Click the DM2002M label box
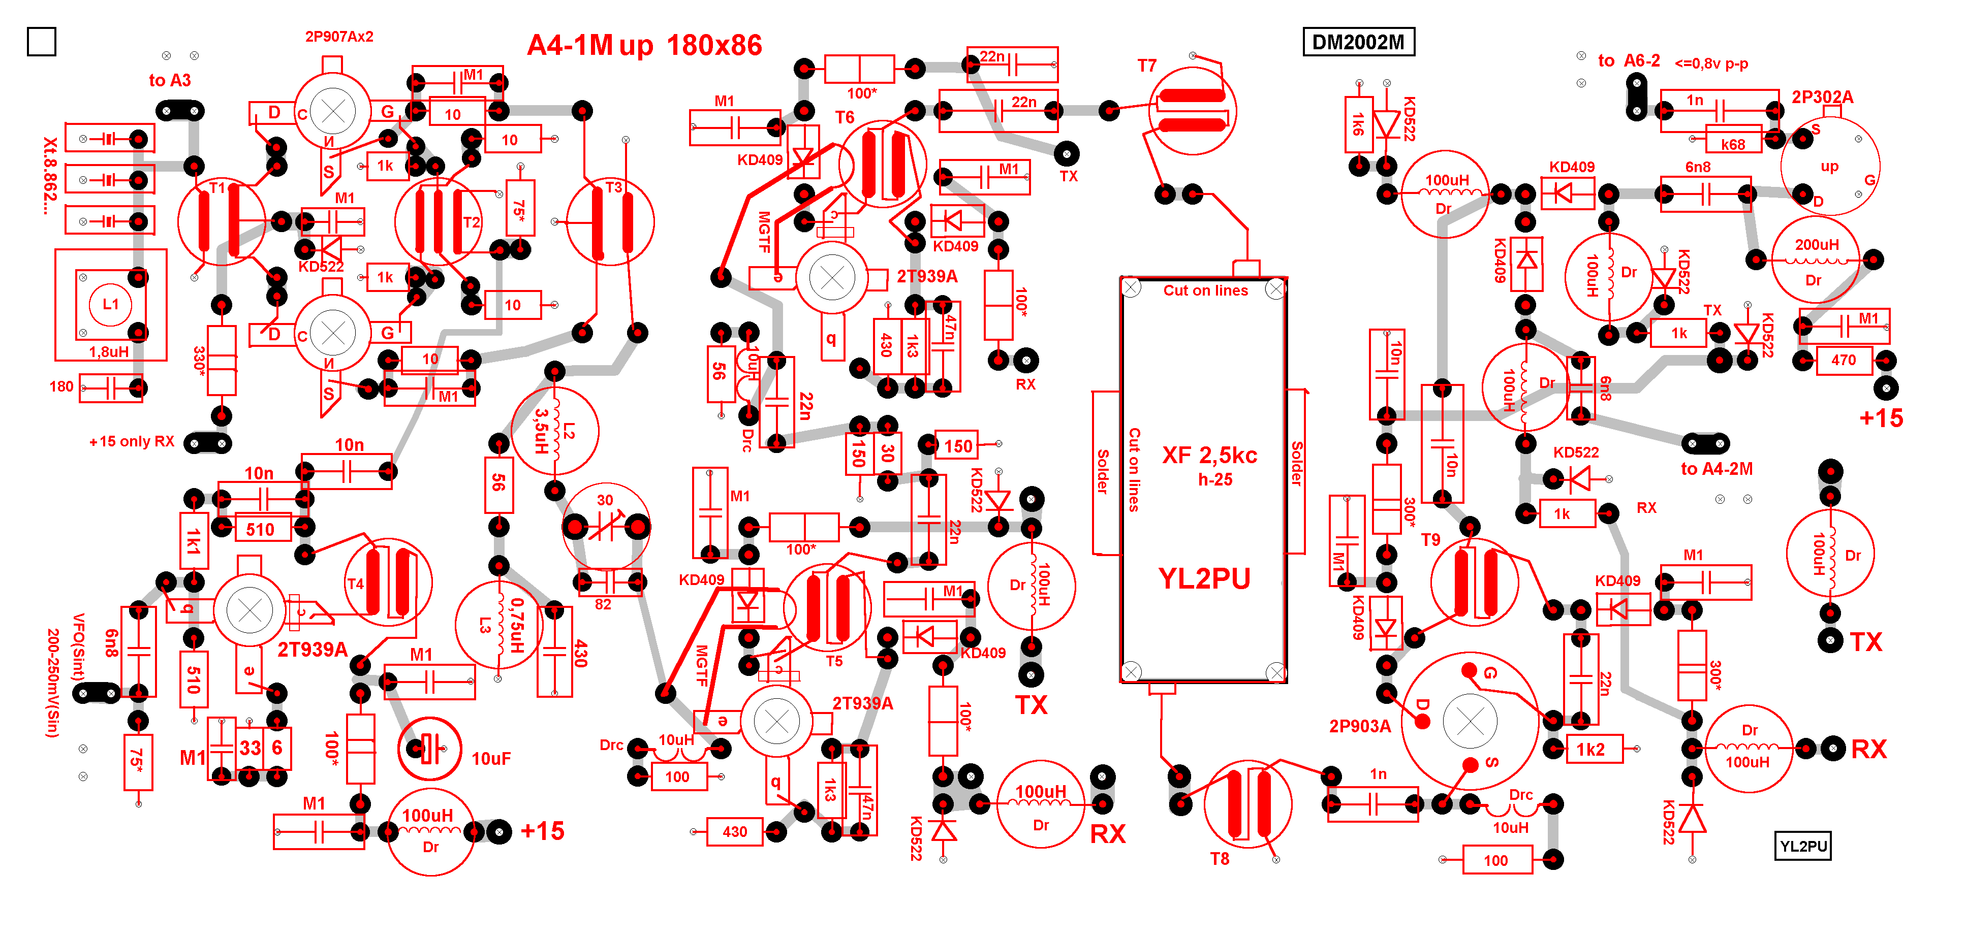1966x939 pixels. tap(1358, 42)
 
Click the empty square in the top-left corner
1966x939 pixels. tap(41, 41)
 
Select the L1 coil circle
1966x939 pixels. tap(111, 304)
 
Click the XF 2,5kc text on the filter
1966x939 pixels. tap(1209, 456)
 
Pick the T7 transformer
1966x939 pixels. tap(1192, 111)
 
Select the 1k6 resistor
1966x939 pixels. tap(1358, 124)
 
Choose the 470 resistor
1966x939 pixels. tap(1843, 360)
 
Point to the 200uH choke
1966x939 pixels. tap(1816, 260)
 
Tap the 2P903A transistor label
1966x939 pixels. tap(1359, 726)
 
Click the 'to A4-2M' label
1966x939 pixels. tap(1717, 469)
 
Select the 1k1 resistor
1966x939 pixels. tap(194, 541)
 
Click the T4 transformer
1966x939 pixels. tap(388, 584)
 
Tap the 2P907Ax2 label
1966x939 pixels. tap(339, 37)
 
